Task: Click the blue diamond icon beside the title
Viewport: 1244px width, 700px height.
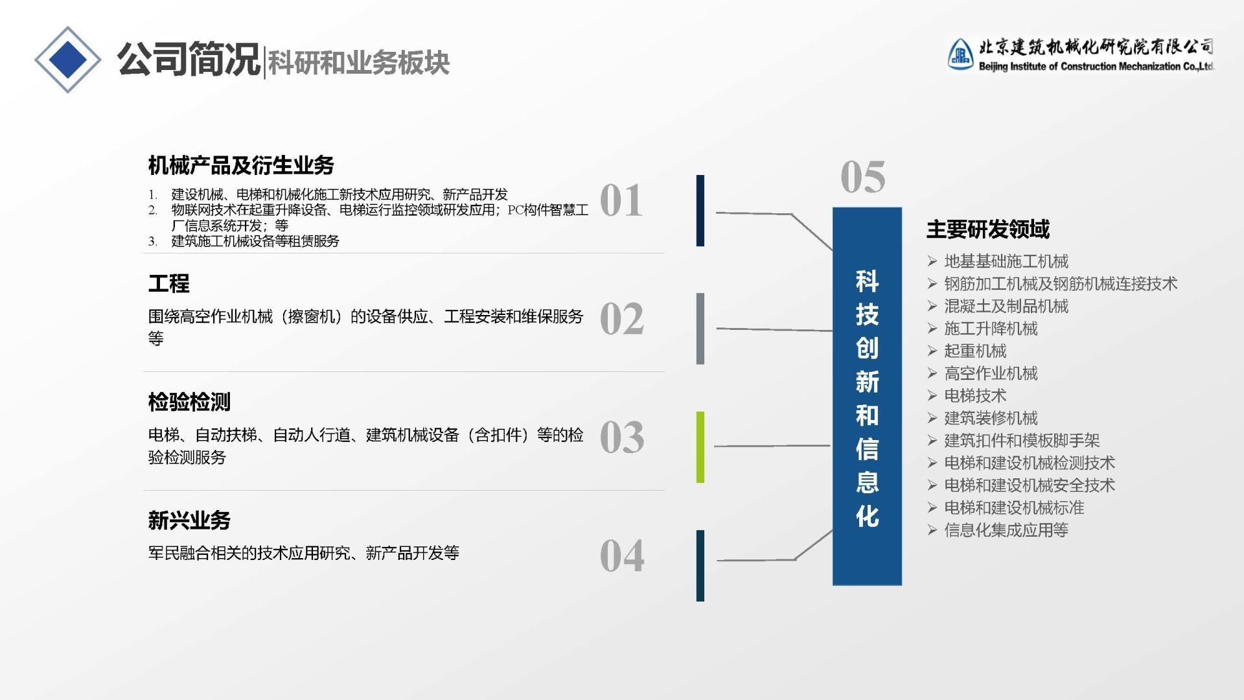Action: click(x=68, y=60)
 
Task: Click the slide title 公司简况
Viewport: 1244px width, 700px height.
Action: click(x=188, y=60)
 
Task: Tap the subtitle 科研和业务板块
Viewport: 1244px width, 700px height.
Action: click(x=358, y=62)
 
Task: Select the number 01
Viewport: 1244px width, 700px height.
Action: click(x=621, y=200)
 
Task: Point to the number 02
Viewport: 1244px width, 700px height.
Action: click(x=621, y=319)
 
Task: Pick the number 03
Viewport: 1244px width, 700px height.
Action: click(x=621, y=437)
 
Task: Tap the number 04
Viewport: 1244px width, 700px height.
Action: click(x=621, y=556)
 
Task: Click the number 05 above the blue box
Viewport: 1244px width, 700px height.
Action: click(x=862, y=177)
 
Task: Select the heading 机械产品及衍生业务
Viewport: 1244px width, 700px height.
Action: click(x=241, y=165)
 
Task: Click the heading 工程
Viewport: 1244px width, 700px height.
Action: click(x=168, y=283)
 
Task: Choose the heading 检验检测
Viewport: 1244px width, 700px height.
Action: click(x=189, y=402)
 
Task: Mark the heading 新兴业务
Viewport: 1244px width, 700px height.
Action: click(x=189, y=520)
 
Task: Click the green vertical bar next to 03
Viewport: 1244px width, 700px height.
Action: click(x=700, y=447)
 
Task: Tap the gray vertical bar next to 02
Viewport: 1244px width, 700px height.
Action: click(x=700, y=329)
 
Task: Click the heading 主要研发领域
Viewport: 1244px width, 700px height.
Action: click(x=987, y=229)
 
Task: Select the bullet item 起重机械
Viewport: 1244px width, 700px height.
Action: click(x=975, y=351)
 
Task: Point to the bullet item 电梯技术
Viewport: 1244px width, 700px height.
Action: click(x=975, y=395)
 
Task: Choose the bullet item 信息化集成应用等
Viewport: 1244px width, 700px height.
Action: click(x=1006, y=530)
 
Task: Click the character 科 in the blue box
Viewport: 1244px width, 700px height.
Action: click(x=867, y=281)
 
